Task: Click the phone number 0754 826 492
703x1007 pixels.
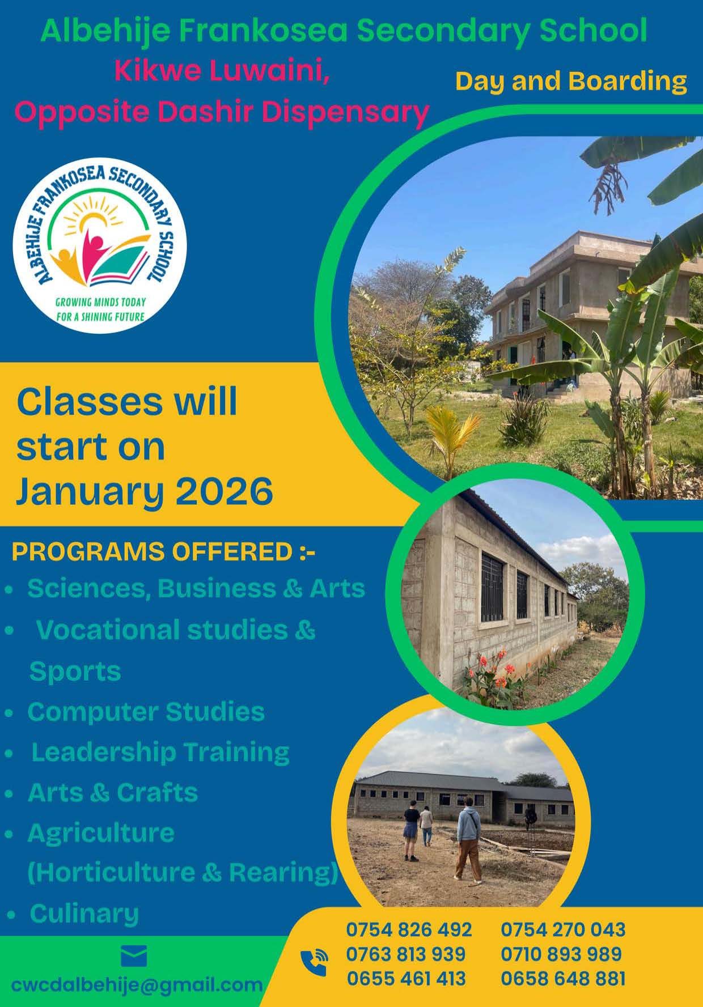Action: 409,929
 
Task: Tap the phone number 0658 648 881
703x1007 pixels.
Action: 563,978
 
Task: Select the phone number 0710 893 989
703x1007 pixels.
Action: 561,954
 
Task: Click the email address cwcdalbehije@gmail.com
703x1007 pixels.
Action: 137,985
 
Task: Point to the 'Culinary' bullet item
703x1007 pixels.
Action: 84,913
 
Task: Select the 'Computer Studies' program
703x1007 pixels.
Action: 146,712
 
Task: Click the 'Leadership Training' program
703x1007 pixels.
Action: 160,752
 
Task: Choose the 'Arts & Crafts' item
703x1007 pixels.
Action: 113,792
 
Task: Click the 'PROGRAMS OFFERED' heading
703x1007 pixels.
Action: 151,552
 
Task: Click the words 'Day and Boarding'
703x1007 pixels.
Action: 571,81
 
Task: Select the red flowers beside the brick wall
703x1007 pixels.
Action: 492,674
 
